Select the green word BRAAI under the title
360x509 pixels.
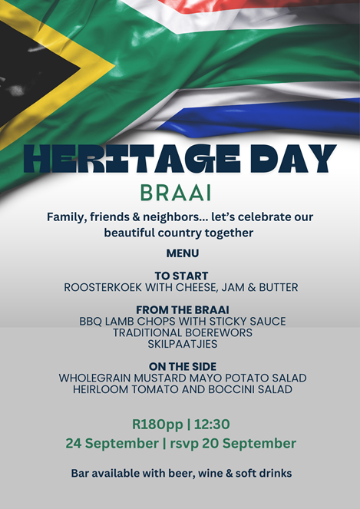176,193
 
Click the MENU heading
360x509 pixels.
183,253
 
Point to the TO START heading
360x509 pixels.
181,276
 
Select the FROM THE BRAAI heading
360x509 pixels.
183,309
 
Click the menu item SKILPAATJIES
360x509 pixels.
183,344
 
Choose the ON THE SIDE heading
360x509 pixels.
183,366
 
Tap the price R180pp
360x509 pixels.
157,425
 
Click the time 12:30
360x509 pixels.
212,425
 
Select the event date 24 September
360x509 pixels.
112,444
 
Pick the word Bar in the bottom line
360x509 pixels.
80,473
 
